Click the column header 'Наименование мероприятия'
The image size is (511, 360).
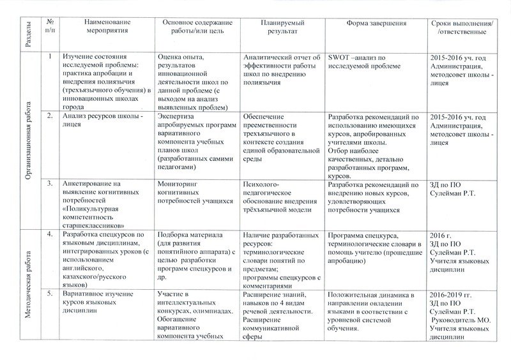(105, 26)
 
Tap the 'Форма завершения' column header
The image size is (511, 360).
(377, 23)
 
